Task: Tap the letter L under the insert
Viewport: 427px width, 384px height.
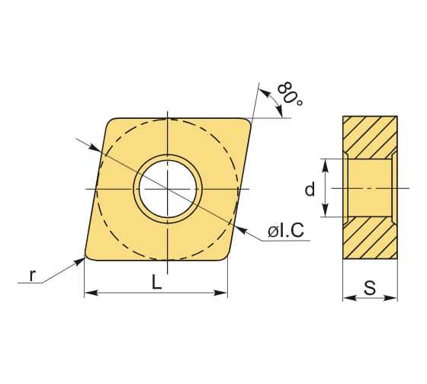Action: tap(156, 282)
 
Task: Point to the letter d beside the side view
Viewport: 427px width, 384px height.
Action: tap(310, 189)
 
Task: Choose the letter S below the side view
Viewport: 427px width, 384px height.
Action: tap(370, 288)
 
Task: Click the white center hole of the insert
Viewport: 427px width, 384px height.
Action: tap(167, 187)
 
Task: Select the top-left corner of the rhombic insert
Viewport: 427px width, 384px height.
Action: tap(110, 122)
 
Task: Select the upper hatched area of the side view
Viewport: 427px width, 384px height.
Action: tap(370, 137)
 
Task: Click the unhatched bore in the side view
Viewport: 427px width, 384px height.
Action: tap(370, 187)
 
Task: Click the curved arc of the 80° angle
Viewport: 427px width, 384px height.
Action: tap(274, 102)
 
